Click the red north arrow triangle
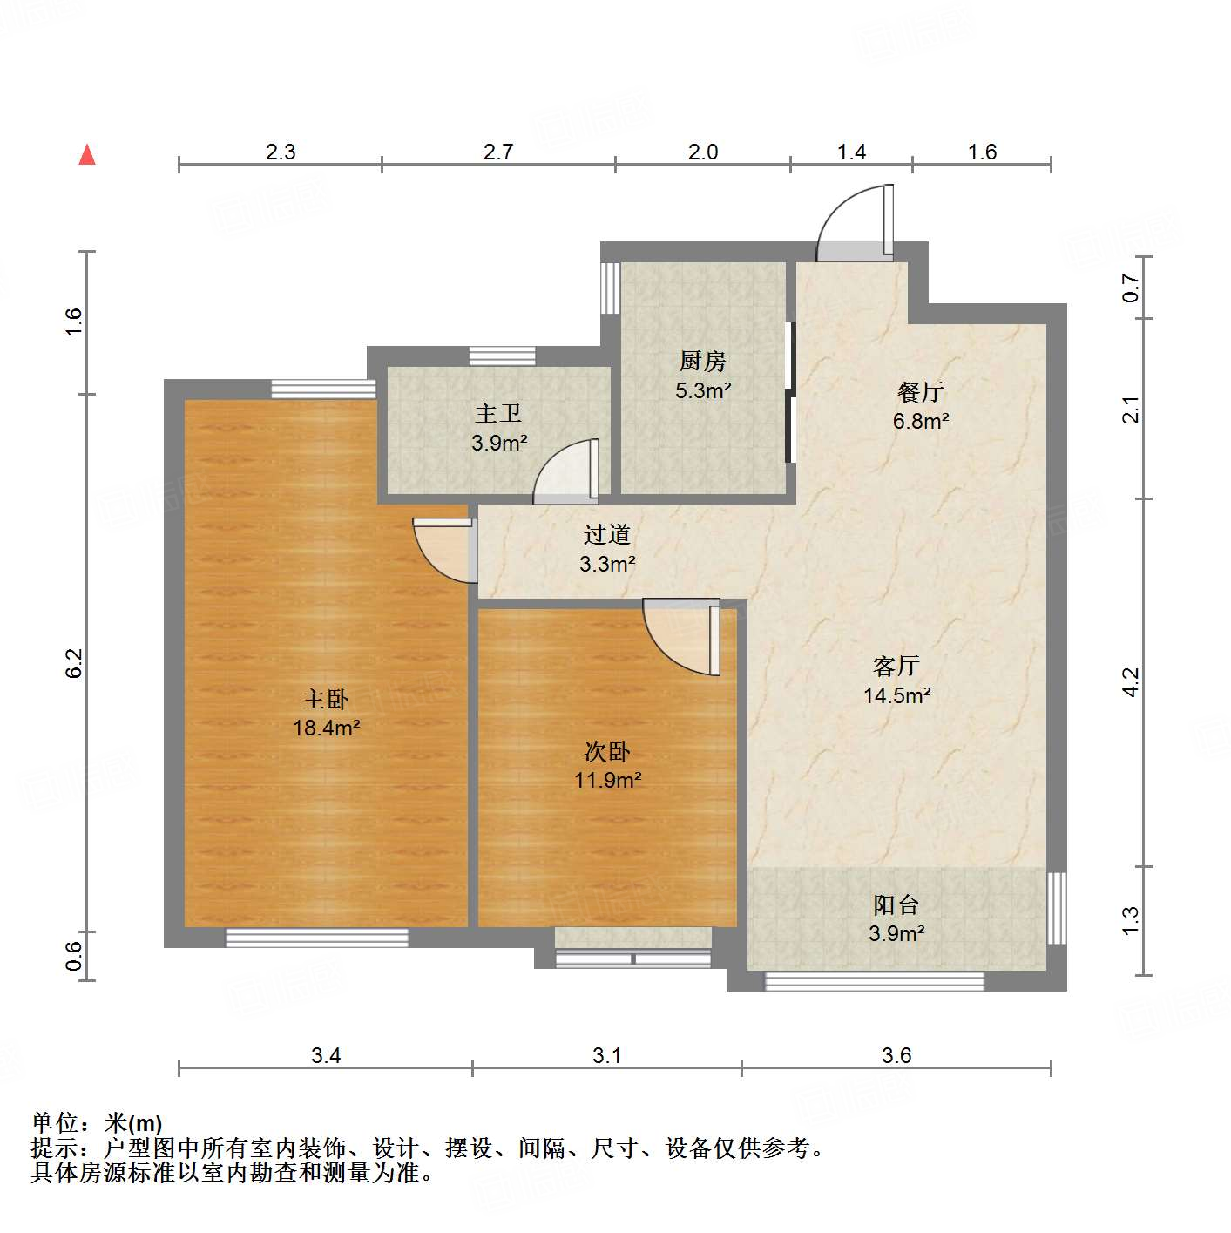[87, 155]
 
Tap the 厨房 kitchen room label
[702, 360]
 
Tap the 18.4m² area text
[327, 728]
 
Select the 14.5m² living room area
[896, 695]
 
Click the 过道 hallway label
[607, 534]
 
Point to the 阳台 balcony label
[896, 904]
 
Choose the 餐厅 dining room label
[921, 392]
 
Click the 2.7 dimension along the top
[498, 152]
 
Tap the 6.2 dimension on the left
[75, 663]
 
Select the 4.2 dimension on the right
[1130, 681]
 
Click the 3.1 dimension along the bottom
[607, 1056]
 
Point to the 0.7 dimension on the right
[1130, 288]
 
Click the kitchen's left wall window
[609, 288]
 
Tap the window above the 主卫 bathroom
[502, 356]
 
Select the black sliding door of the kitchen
[790, 392]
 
